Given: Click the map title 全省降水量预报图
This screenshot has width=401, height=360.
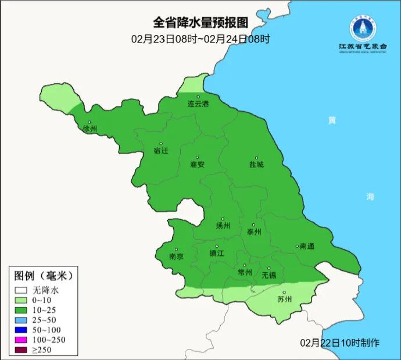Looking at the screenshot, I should click(200, 23).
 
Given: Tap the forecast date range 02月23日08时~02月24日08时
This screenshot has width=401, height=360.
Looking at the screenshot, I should click(200, 39).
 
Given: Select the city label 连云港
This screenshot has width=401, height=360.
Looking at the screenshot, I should click(198, 104).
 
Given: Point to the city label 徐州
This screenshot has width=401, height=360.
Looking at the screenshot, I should click(89, 129).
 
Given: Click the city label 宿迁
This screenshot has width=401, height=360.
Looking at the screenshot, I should click(160, 151).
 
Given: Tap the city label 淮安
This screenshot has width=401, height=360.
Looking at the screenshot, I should click(197, 165).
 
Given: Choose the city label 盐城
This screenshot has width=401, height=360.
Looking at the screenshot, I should click(256, 165).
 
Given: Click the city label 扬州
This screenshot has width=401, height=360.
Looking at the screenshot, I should click(223, 226).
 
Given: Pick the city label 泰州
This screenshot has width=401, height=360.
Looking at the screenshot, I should click(254, 231).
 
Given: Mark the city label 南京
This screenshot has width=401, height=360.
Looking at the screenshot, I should click(176, 256).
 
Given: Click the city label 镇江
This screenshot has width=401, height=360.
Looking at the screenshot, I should click(217, 254).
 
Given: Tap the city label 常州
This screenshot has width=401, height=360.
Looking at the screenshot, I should click(245, 272).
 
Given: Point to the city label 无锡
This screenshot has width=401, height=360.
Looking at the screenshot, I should click(268, 275).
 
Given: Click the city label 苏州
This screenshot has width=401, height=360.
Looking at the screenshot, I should click(284, 300).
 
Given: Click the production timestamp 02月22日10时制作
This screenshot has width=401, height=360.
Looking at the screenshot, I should click(340, 343).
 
